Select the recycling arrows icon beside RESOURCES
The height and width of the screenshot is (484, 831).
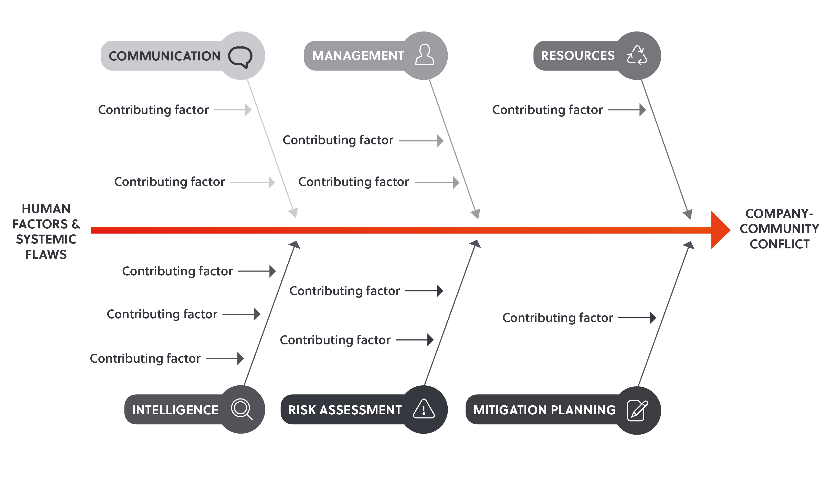[637, 55]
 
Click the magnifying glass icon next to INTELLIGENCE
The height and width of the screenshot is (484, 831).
[242, 409]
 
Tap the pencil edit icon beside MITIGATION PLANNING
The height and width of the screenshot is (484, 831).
[637, 411]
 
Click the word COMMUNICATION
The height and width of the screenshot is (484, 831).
[165, 56]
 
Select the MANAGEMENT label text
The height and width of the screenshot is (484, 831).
[358, 55]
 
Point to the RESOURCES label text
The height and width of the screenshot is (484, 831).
[578, 55]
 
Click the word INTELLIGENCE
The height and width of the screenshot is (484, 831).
[175, 410]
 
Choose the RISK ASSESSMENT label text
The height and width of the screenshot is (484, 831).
[345, 410]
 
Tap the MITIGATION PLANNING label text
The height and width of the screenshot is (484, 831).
[544, 410]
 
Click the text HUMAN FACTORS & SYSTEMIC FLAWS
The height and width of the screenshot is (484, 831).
[46, 232]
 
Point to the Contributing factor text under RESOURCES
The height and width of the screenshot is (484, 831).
[548, 110]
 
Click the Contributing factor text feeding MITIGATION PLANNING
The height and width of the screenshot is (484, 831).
[557, 318]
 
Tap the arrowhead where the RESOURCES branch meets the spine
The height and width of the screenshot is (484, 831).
[688, 214]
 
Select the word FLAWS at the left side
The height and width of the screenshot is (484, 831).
[46, 255]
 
